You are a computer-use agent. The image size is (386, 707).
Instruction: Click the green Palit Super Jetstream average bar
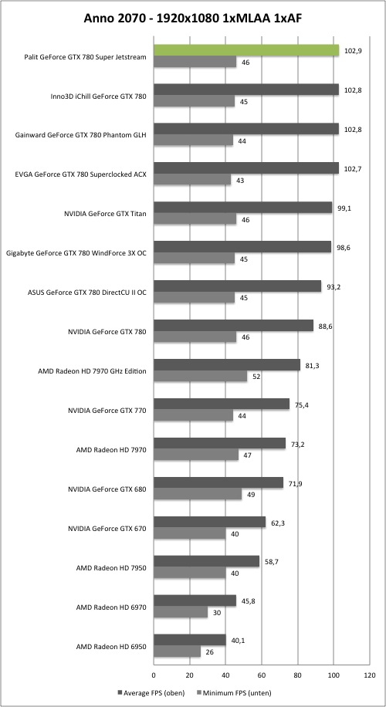246,50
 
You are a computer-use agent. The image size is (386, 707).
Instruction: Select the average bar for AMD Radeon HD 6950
190,640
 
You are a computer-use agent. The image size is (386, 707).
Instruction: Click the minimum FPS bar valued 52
200,377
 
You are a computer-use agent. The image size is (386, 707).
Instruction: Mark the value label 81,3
310,366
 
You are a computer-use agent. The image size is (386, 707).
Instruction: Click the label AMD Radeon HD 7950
110,567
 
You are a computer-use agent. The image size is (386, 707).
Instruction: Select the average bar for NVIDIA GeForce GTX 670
210,522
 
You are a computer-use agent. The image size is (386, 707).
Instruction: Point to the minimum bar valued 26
178,651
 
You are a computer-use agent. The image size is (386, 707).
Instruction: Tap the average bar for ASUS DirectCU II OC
238,286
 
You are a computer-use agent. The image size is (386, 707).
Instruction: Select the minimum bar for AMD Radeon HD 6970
181,612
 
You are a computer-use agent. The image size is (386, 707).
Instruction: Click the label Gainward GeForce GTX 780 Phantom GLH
81,135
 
